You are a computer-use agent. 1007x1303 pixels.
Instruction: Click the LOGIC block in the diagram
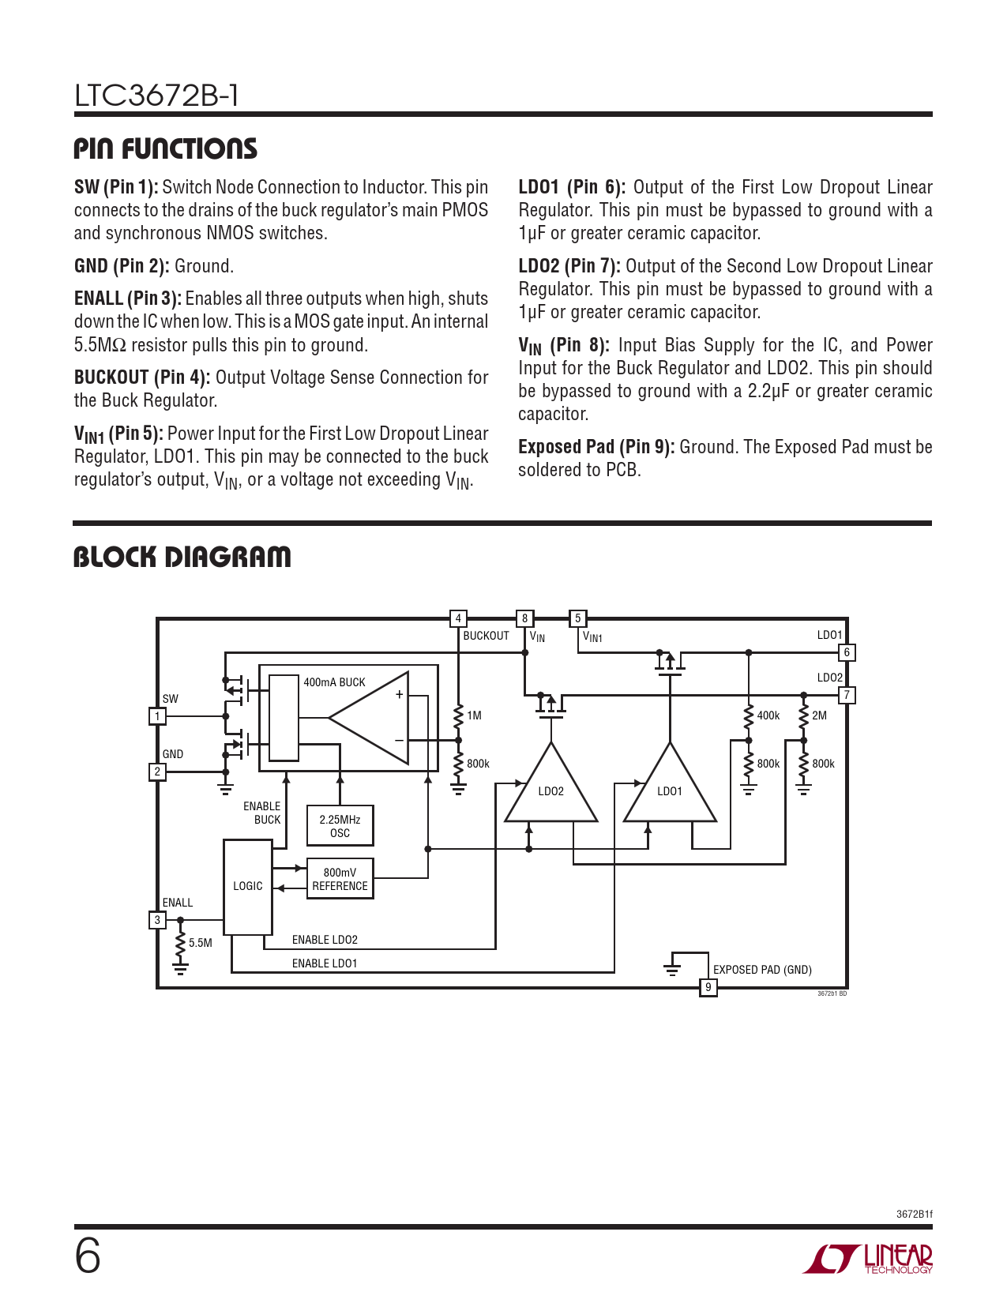247,887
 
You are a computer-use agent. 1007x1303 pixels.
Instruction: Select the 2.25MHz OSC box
340,826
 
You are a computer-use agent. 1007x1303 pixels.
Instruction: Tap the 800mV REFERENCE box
340,879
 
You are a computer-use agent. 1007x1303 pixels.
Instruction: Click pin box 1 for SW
157,716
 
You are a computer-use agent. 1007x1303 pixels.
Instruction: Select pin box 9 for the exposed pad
708,987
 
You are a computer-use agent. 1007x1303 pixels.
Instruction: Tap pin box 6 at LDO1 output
847,652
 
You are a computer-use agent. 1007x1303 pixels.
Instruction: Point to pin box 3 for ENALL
157,920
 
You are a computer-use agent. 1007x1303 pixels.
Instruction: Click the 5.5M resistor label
201,943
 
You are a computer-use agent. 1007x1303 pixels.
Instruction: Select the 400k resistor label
768,715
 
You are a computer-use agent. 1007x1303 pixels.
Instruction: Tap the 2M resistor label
819,715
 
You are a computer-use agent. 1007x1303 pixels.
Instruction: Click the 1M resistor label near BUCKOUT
474,715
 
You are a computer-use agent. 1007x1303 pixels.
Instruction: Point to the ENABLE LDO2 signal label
325,940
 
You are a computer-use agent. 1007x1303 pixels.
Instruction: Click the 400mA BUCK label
334,682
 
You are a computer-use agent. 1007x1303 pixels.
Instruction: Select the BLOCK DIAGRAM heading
182,557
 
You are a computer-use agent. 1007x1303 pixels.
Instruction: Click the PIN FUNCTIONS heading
165,148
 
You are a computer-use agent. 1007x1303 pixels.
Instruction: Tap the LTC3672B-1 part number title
156,96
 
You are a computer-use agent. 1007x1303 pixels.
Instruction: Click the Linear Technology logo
868,1259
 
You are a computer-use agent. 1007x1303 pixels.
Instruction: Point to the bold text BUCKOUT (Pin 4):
142,377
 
